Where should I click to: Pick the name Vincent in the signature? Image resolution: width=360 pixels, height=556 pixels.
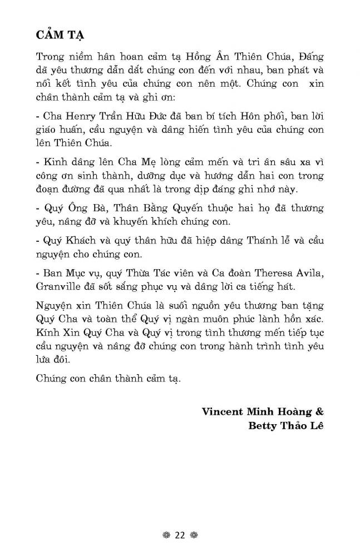(223, 413)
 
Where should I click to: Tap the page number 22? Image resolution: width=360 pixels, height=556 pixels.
(179, 535)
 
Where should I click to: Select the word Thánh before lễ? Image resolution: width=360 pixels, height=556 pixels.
(249, 241)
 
